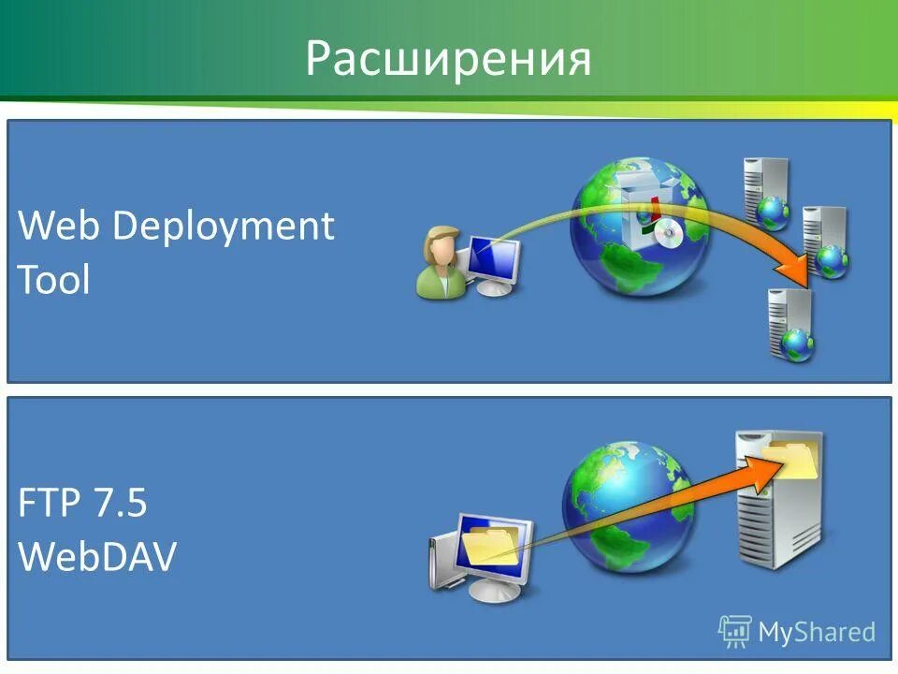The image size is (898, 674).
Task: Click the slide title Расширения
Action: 448,59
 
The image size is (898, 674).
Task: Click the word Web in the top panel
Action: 58,227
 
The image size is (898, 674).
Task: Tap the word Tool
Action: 54,279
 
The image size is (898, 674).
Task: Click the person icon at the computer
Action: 440,264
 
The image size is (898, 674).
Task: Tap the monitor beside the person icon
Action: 494,262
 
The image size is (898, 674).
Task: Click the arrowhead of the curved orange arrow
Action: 795,271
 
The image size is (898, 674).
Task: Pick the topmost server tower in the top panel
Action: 765,192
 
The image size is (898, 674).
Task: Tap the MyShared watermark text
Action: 817,632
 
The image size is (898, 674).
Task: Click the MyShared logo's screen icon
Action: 735,630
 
